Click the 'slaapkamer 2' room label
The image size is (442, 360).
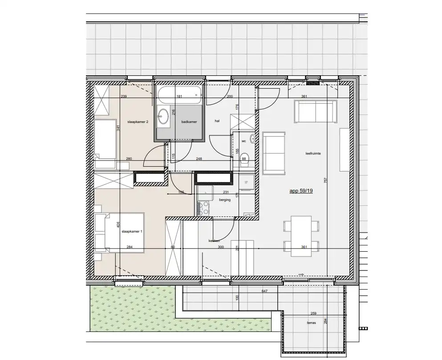click(137, 122)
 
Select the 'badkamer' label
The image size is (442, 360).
click(189, 121)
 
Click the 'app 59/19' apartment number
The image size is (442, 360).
click(302, 190)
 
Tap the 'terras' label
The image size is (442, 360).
click(311, 323)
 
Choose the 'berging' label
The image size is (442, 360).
click(224, 200)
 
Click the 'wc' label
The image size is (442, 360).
click(243, 141)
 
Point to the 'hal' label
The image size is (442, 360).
click(217, 120)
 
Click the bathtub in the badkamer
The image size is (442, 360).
click(179, 93)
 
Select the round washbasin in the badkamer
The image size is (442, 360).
click(164, 116)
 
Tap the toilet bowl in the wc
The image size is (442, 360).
click(244, 162)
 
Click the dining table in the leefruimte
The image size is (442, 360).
click(301, 236)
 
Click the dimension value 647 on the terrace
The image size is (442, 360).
click(264, 291)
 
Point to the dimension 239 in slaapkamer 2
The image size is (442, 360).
click(111, 97)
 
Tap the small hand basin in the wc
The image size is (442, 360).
click(252, 138)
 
